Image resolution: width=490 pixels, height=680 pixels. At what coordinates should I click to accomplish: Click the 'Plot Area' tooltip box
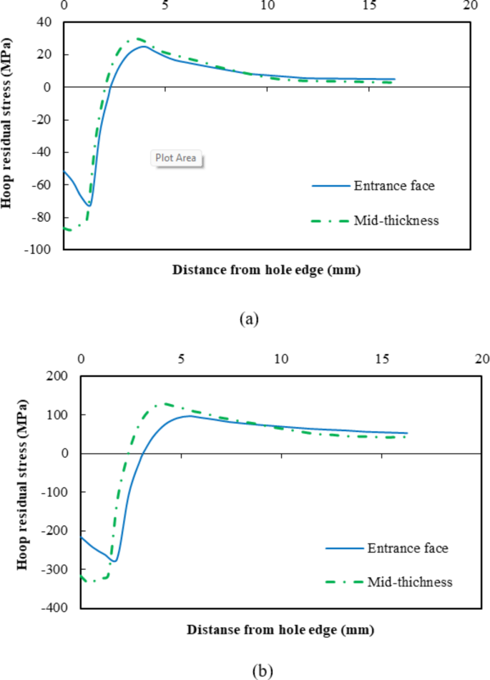[x=176, y=158]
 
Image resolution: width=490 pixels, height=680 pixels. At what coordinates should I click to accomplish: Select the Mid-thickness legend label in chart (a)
[x=396, y=220]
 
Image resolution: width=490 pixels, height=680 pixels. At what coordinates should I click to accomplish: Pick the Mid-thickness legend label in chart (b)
[x=410, y=582]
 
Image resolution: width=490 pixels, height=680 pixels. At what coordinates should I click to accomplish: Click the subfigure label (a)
[x=248, y=319]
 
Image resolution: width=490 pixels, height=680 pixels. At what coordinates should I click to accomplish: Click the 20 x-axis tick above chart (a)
[x=469, y=6]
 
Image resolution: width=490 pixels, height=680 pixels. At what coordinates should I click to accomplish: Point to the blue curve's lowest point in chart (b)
[x=114, y=561]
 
